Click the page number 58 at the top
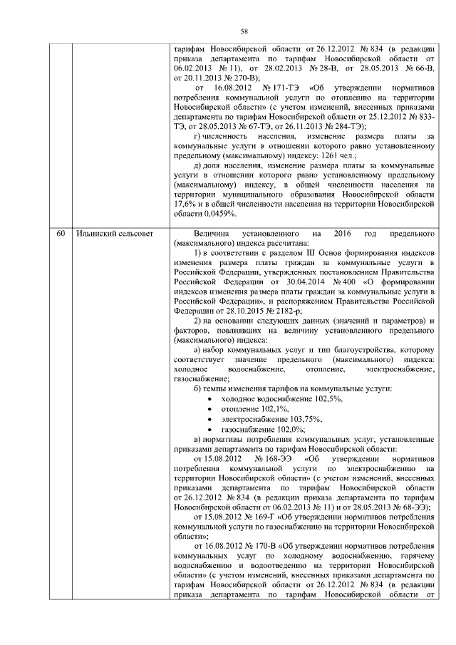243,32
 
